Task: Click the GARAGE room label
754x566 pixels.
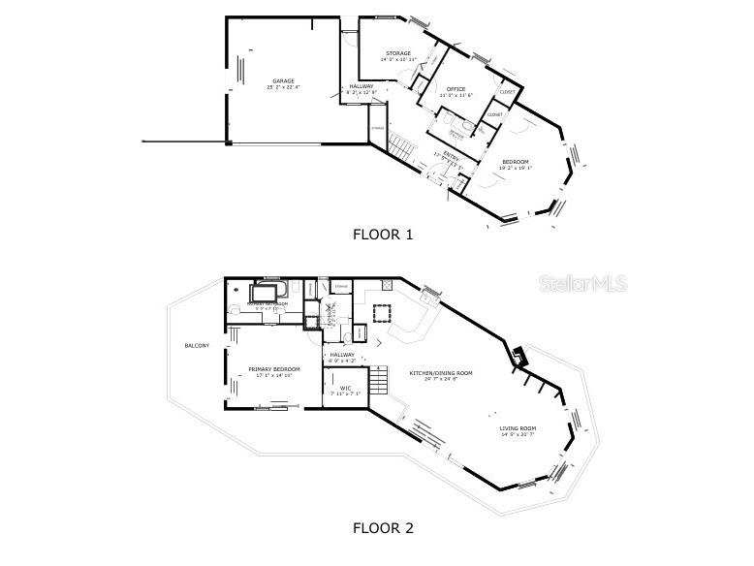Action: [283, 80]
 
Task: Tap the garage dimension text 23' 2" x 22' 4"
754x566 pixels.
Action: [283, 87]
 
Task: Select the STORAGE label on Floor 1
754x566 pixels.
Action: [398, 53]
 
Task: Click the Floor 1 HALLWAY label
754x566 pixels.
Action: [361, 86]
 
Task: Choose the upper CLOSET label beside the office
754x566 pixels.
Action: [508, 92]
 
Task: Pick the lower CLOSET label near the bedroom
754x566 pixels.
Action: [494, 114]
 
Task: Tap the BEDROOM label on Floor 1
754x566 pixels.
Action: [515, 161]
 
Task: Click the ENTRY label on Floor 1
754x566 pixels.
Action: [452, 155]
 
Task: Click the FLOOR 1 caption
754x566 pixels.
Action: [382, 234]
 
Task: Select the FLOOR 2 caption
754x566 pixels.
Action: [382, 528]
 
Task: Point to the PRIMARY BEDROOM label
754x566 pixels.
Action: [274, 369]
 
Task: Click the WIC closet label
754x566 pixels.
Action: [345, 389]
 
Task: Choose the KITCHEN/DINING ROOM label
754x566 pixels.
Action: [440, 372]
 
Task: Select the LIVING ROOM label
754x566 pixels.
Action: [518, 427]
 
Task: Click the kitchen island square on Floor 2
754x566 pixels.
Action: [382, 312]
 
